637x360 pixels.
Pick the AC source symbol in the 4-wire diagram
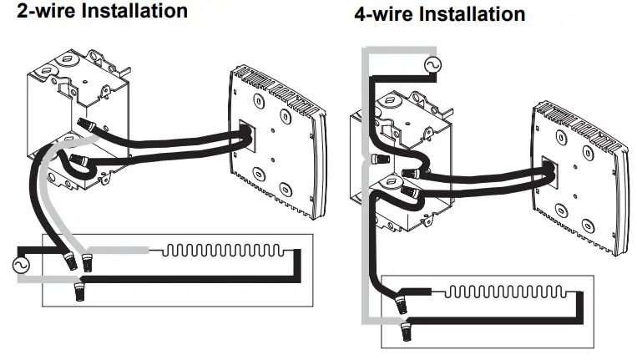click(x=433, y=64)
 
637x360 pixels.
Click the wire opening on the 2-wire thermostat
click(x=244, y=137)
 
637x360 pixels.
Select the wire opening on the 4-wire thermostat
click(x=547, y=170)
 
